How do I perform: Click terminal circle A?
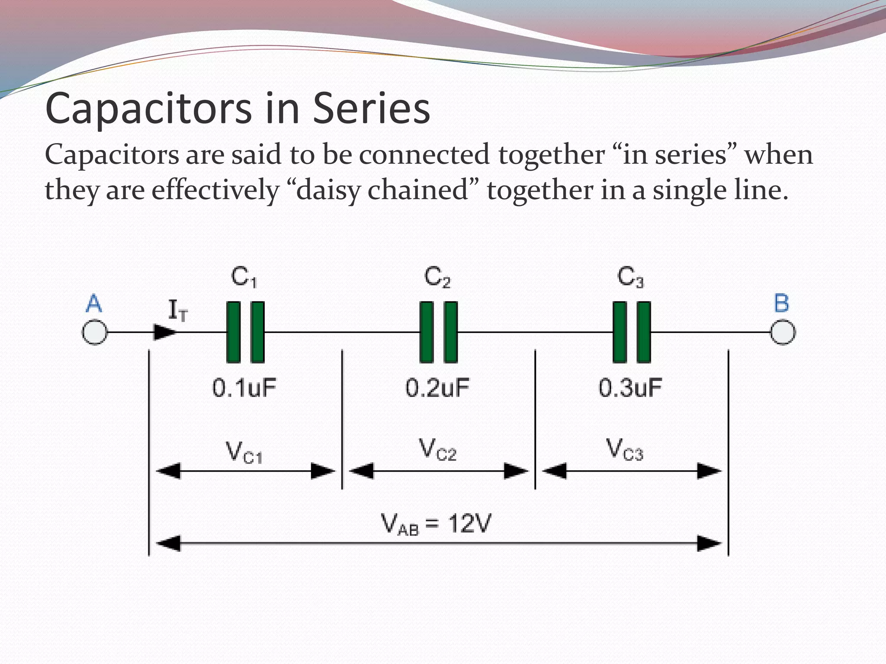tap(95, 332)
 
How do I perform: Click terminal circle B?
tap(783, 332)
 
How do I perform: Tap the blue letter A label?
tap(94, 303)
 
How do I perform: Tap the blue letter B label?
tap(781, 303)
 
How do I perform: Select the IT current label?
tap(177, 310)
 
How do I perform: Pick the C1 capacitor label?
tap(244, 277)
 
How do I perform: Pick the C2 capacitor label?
tap(437, 277)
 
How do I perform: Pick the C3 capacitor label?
tap(630, 277)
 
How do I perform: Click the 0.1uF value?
tap(244, 388)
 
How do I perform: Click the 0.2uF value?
tap(437, 388)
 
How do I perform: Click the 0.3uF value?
tap(630, 388)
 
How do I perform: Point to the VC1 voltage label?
tap(244, 452)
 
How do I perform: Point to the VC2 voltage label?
tap(437, 450)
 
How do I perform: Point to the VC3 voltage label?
tap(625, 450)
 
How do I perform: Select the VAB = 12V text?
tap(436, 524)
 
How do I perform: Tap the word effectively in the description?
tap(215, 190)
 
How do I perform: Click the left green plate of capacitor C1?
tap(233, 332)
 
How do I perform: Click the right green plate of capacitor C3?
tap(644, 332)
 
